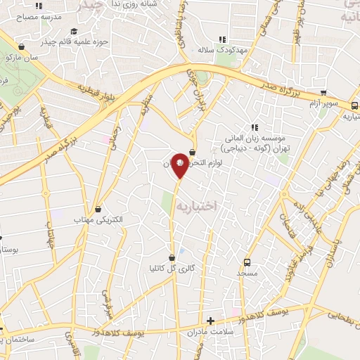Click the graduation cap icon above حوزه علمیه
point(75,31)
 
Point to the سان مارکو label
point(20,58)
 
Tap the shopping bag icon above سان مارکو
point(21,47)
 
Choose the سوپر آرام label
point(324,103)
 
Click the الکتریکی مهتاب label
point(98,220)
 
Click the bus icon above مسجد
point(247,261)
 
